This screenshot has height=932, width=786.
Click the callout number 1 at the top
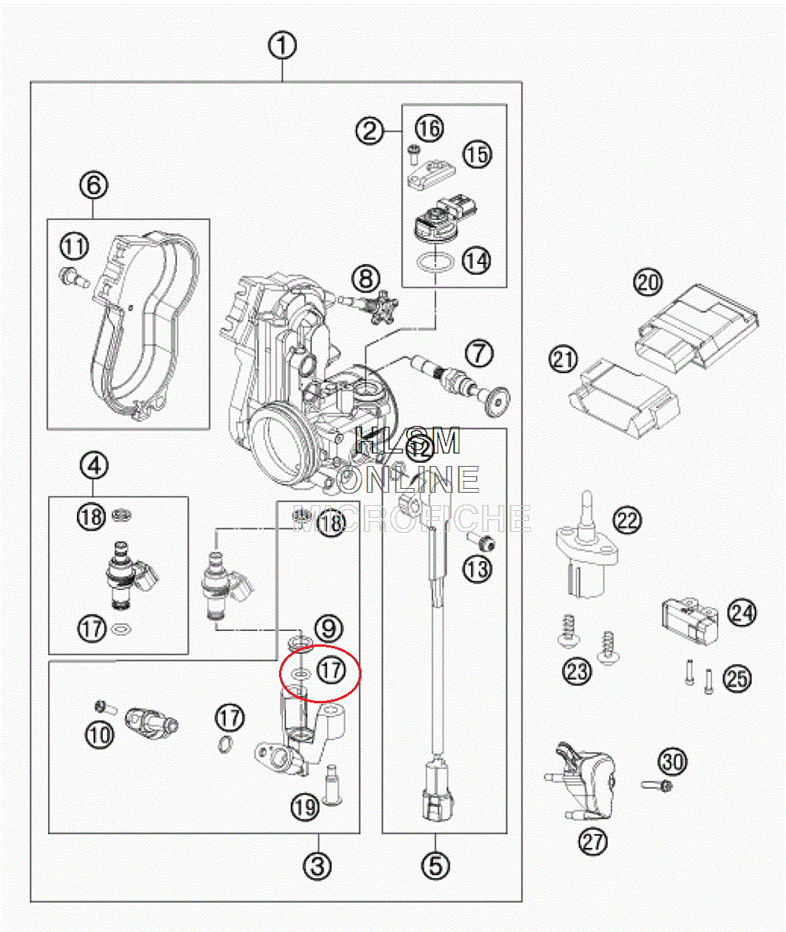click(x=282, y=45)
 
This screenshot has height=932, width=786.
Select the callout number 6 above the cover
click(x=94, y=185)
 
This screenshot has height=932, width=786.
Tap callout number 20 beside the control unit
click(x=648, y=282)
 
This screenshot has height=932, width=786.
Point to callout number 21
click(x=563, y=360)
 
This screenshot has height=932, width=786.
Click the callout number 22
click(x=628, y=519)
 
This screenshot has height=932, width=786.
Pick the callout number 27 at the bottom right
click(x=593, y=842)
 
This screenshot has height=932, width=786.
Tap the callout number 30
click(x=673, y=761)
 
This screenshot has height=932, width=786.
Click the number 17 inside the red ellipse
click(x=331, y=670)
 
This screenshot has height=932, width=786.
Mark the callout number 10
click(x=100, y=735)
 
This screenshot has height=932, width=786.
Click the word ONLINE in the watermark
click(x=408, y=479)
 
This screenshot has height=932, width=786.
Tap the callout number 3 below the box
click(x=318, y=867)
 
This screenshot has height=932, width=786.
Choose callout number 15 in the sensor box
click(x=476, y=154)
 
